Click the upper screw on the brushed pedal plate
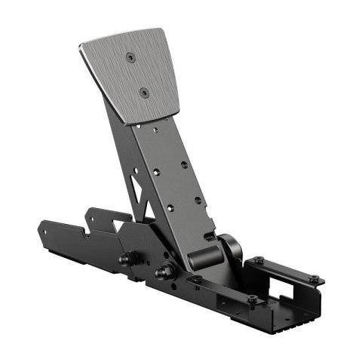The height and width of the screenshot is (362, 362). coord(131,57)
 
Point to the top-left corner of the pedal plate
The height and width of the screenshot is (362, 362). coord(80,47)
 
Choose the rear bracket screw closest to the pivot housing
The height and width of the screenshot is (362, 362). coord(259,260)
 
